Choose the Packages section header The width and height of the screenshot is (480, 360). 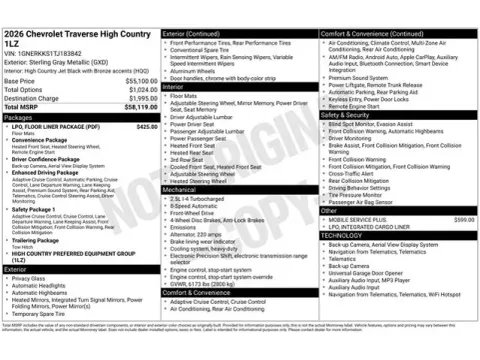tap(19, 117)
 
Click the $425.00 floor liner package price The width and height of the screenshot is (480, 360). tap(146, 127)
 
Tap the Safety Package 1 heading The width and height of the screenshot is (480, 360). tap(35, 208)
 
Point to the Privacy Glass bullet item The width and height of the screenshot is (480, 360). tap(30, 278)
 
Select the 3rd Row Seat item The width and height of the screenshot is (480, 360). tap(187, 158)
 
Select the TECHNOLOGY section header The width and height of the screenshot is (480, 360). tap(349, 235)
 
